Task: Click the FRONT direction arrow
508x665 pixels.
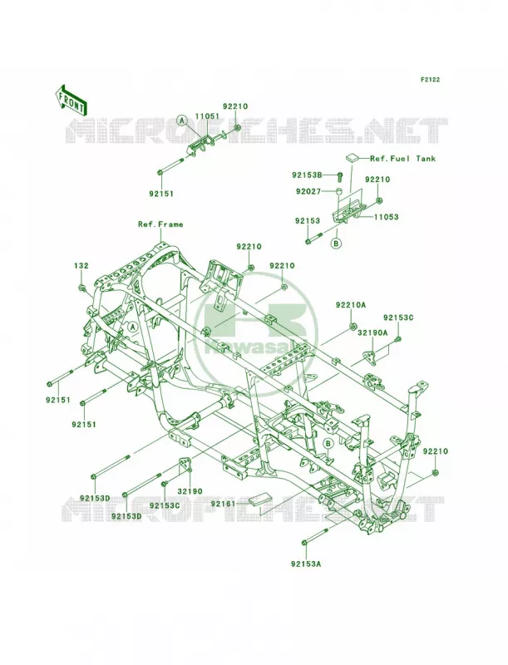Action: pos(71,99)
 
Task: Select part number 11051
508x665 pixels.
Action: pos(206,116)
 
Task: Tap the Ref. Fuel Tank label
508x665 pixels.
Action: pos(403,158)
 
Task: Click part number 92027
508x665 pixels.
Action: pos(308,191)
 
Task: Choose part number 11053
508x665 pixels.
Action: pos(386,217)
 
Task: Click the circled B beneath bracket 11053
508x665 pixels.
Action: pos(336,244)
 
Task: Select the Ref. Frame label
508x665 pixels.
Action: pos(160,224)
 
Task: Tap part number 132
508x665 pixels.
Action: pos(81,266)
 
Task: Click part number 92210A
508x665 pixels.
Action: pos(351,304)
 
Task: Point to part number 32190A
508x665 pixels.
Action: pos(372,333)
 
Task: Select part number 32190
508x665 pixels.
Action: pos(190,491)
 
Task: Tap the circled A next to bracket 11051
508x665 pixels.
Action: pos(182,121)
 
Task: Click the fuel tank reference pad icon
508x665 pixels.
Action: pos(353,158)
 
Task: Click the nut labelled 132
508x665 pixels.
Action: pos(81,288)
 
